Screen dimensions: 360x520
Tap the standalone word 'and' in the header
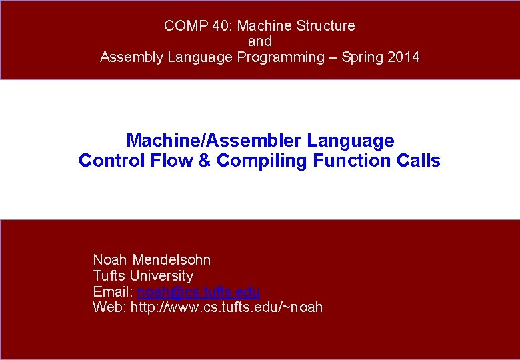[259, 41]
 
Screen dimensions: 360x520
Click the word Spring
[363, 57]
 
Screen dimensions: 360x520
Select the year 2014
[403, 57]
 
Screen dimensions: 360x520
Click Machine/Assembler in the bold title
[215, 141]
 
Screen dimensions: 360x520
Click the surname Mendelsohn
[171, 260]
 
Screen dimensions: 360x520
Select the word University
[161, 276]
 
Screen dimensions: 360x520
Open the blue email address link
[198, 292]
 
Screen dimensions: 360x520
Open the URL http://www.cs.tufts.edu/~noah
[227, 307]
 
